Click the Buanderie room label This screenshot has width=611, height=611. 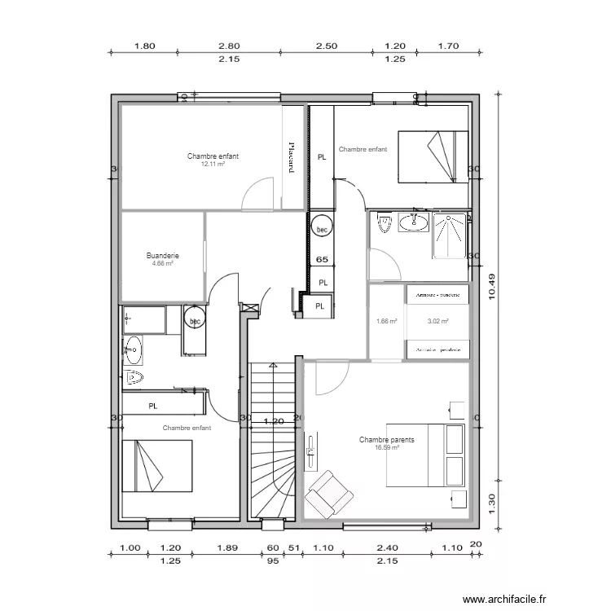point(163,256)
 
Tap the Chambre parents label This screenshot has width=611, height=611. point(386,440)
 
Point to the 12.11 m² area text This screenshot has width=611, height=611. point(213,164)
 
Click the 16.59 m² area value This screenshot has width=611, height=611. point(386,447)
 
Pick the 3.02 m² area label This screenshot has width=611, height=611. point(438,321)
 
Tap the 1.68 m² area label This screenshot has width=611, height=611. point(386,321)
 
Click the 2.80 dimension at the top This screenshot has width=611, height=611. point(229,46)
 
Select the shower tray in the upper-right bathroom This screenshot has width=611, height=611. point(451,235)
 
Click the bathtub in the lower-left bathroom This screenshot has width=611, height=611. point(144,321)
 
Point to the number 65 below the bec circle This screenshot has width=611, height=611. point(322,260)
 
